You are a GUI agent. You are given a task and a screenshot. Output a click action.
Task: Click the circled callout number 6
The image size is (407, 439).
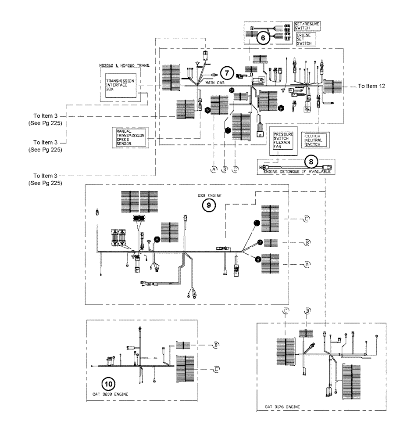point(263,38)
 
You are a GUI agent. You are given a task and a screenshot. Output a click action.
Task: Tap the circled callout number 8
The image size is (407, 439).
point(311,162)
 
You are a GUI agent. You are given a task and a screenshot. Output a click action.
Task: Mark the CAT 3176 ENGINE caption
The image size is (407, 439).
point(283,407)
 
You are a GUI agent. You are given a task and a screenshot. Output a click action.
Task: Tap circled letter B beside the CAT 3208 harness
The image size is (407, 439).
point(216,345)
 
